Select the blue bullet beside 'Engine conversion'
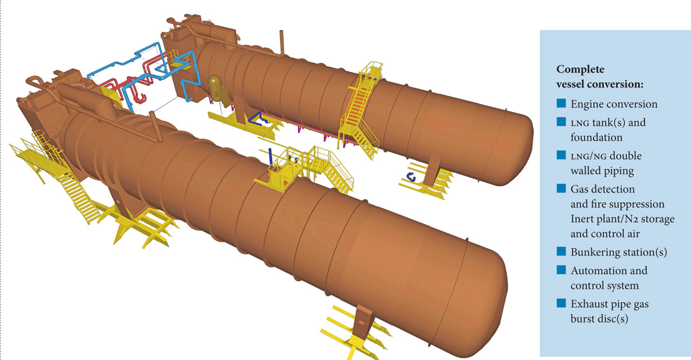click(x=561, y=104)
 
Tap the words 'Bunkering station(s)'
click(x=618, y=253)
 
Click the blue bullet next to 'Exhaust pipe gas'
click(x=561, y=304)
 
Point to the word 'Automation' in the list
click(x=596, y=270)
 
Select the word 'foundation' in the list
click(x=596, y=137)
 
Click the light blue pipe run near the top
click(x=127, y=64)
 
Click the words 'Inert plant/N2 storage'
click(x=622, y=219)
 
